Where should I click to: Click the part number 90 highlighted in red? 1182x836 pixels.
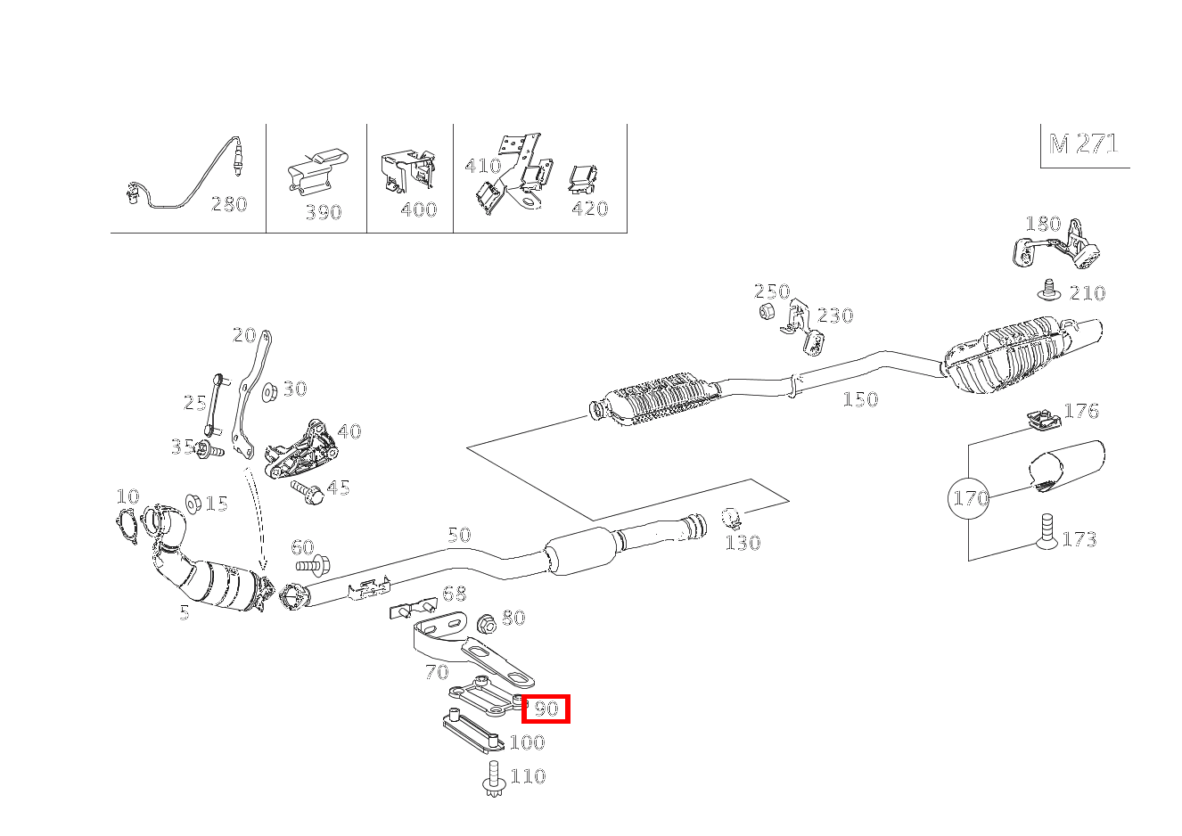click(546, 709)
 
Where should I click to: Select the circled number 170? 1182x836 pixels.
click(970, 497)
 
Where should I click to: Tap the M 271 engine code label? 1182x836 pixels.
click(1083, 144)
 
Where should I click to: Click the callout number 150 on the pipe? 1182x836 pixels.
click(860, 399)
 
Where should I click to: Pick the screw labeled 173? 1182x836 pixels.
click(1047, 532)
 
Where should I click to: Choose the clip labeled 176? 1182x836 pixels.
click(1038, 418)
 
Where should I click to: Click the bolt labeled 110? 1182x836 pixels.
click(493, 778)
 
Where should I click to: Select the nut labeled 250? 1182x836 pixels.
click(766, 311)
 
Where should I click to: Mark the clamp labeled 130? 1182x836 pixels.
click(731, 517)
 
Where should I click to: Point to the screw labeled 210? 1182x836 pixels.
click(1049, 291)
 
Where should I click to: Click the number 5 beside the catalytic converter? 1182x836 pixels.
click(184, 612)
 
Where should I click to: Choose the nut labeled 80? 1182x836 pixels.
click(487, 623)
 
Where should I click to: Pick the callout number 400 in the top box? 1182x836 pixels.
click(418, 209)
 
